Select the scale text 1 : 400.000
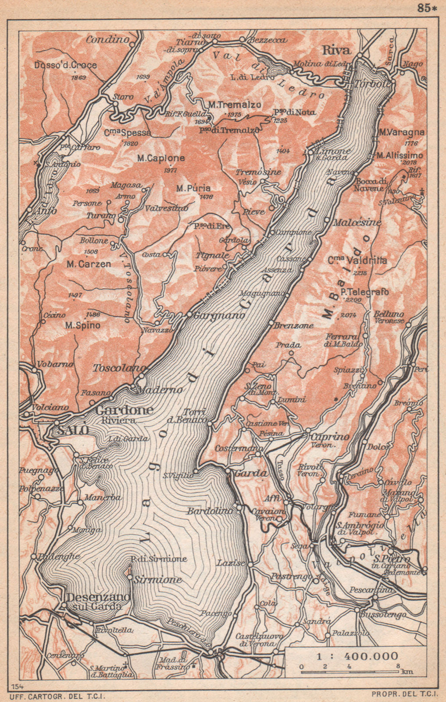pos(356,656)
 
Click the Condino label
pos(107,39)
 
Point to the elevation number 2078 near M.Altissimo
pos(407,162)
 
